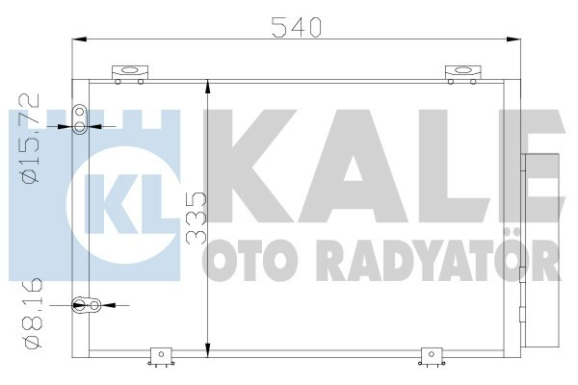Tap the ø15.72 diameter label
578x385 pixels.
coord(30,137)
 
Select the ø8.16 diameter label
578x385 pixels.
coord(30,314)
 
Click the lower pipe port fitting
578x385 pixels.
coord(92,306)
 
